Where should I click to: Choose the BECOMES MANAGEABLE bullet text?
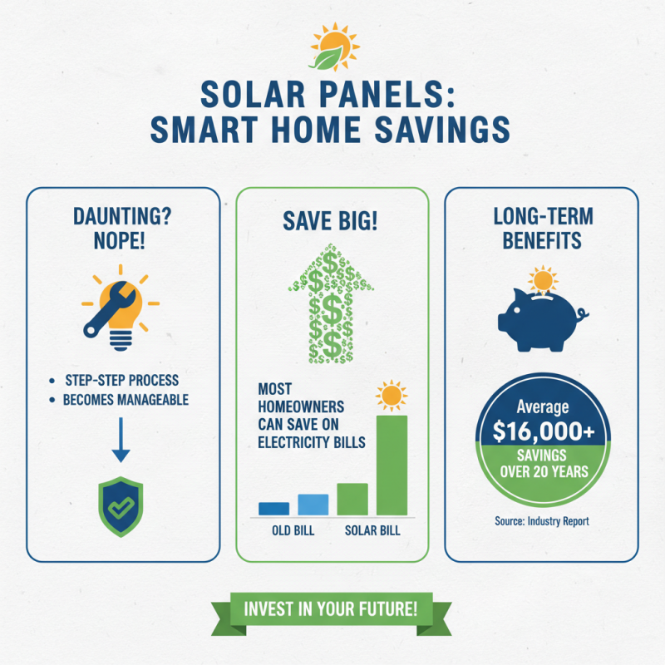[126, 400]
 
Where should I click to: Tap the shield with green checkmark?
[121, 507]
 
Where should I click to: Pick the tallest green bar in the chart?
[392, 465]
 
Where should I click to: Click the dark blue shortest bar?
[273, 509]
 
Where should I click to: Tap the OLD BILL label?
[293, 530]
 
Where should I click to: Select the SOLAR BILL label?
[372, 530]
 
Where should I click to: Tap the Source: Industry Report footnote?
[541, 521]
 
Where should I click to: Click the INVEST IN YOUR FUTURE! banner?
[332, 608]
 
